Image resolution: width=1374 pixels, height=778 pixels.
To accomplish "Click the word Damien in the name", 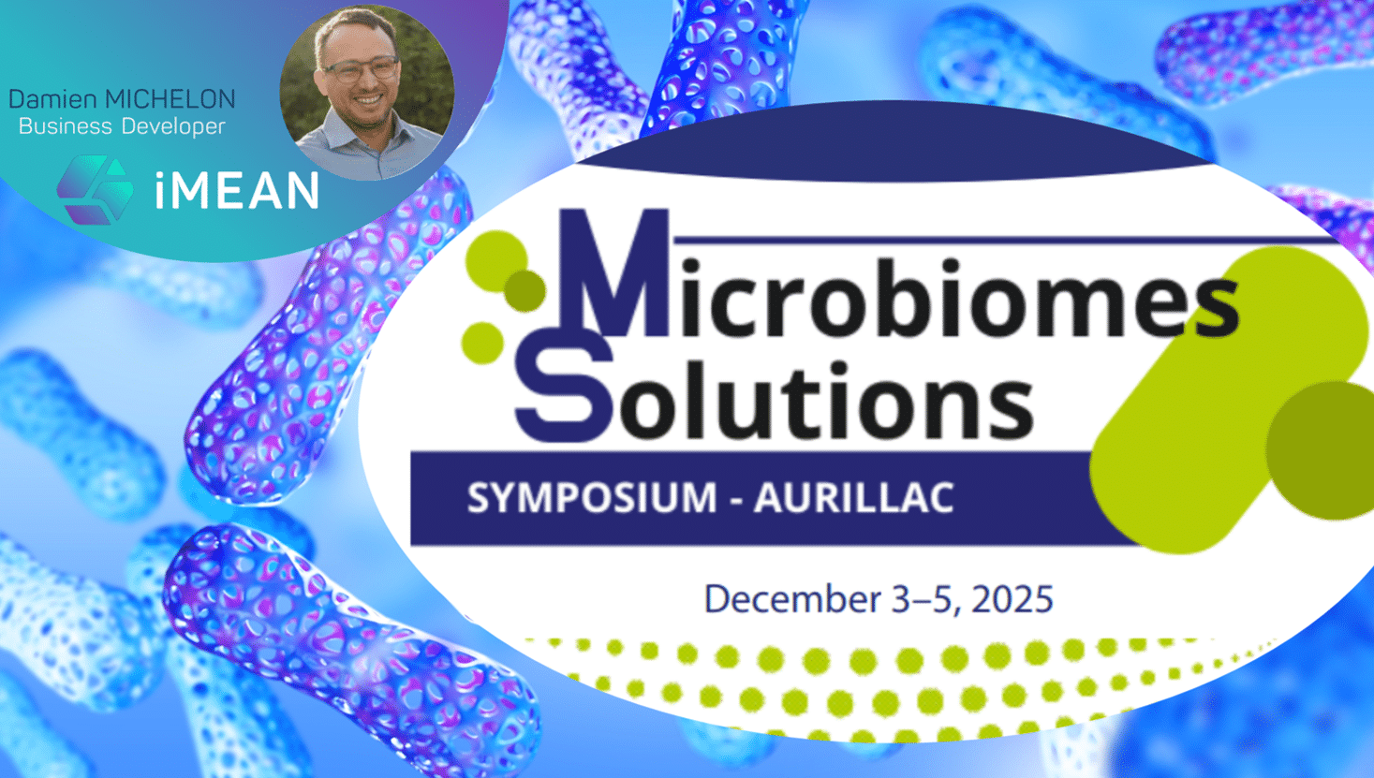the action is click(x=52, y=99).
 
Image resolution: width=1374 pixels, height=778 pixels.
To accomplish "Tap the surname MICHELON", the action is click(x=170, y=99).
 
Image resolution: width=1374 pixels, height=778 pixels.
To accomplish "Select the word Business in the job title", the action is click(x=65, y=126).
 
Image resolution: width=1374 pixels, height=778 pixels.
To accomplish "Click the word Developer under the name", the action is click(x=173, y=127).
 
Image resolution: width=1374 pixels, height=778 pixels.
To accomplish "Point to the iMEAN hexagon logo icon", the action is click(x=96, y=190).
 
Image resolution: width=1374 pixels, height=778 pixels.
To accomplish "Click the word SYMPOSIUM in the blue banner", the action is click(x=592, y=497).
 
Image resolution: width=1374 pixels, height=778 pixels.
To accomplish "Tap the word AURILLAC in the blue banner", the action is click(x=853, y=497).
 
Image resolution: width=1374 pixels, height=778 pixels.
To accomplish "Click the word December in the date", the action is click(x=791, y=599).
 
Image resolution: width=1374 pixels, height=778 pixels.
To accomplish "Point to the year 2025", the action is click(x=1012, y=599).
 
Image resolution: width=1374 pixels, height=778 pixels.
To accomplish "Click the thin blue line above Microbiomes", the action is click(x=1006, y=240).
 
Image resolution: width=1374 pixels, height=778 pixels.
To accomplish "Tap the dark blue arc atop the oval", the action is click(x=896, y=141).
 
